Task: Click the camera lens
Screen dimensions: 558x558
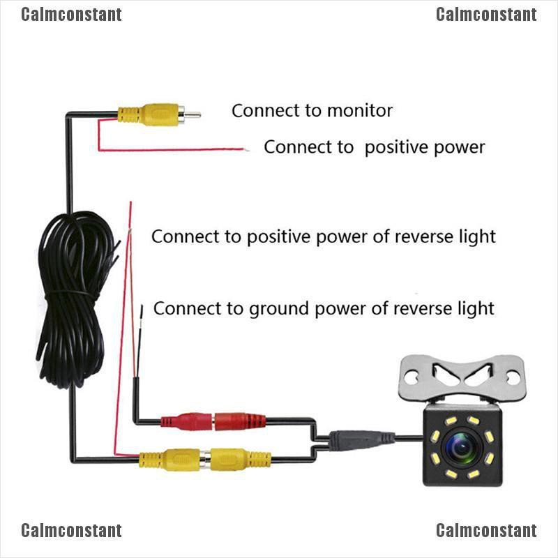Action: coord(460,447)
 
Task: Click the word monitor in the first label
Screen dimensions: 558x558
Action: coord(360,110)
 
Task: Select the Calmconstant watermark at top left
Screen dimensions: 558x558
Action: coord(71,15)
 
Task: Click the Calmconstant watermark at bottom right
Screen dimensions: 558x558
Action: coord(486,531)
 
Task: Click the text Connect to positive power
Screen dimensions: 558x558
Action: coord(374,147)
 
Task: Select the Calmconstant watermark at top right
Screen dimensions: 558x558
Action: coord(486,15)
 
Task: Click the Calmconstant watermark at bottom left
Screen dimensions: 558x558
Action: coord(71,531)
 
